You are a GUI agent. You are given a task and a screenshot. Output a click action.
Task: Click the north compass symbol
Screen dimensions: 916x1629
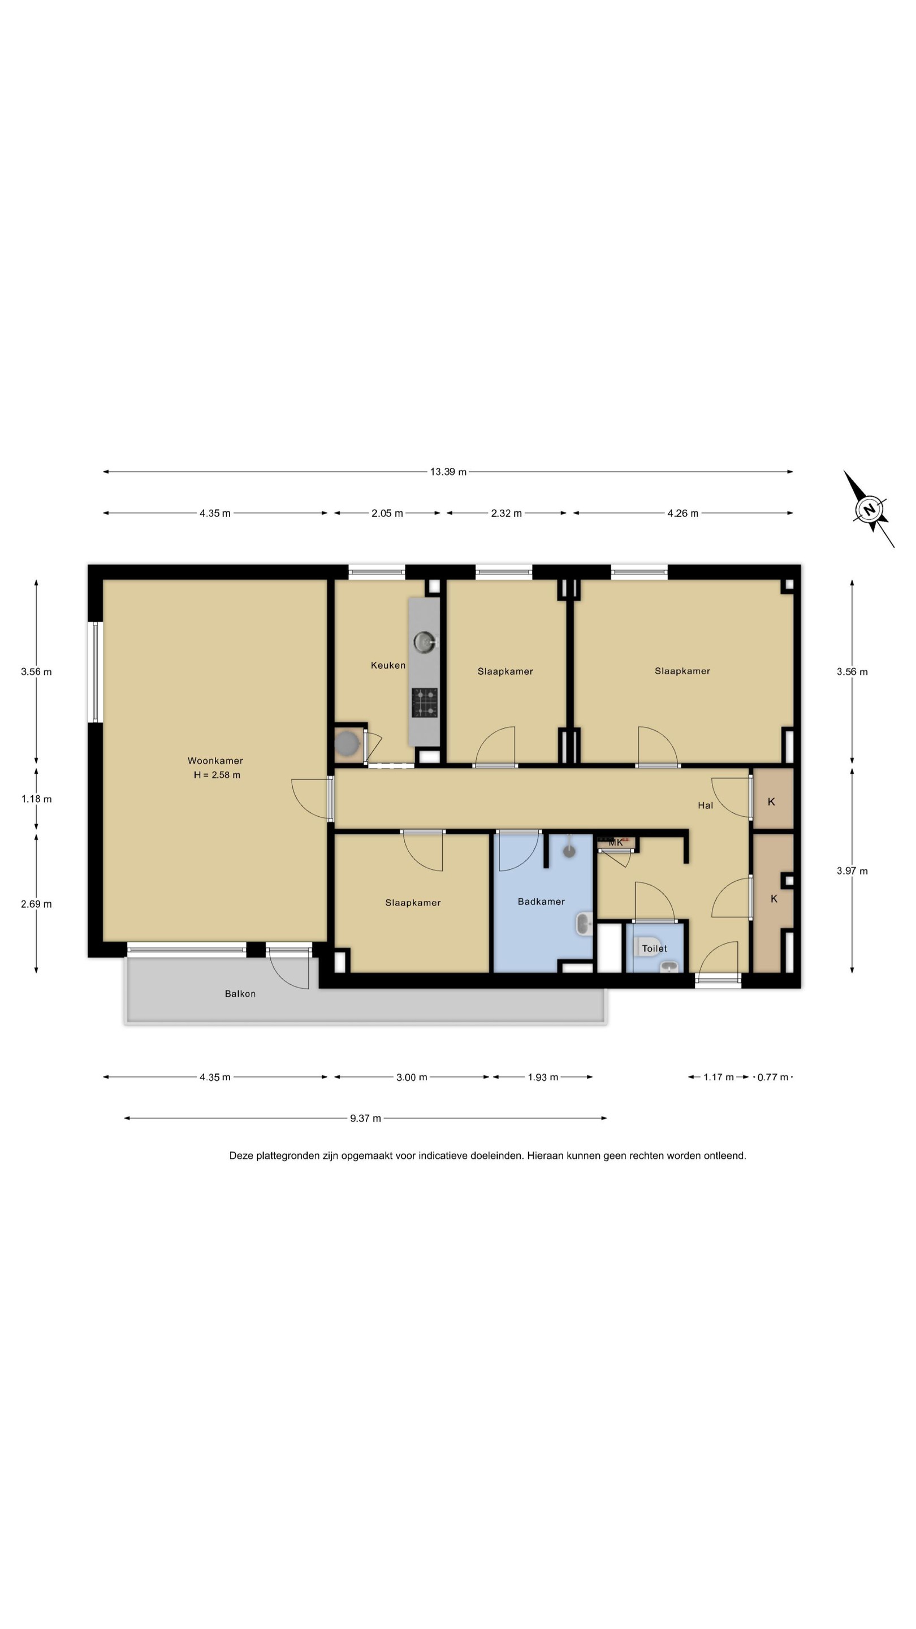tap(870, 509)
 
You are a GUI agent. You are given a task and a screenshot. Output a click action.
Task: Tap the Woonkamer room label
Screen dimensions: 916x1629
tap(215, 761)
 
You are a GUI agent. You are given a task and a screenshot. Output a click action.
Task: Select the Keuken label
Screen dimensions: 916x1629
tap(388, 665)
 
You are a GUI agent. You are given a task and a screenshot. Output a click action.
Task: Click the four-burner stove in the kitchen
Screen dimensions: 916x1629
tap(425, 703)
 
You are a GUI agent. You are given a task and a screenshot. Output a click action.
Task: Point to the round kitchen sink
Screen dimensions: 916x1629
tap(425, 643)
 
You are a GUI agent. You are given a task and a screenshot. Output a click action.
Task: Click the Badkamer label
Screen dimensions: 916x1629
tap(541, 902)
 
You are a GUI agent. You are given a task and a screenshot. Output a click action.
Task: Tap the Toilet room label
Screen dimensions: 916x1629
tap(654, 949)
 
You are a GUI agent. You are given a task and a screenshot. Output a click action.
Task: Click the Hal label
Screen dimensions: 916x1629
tap(706, 805)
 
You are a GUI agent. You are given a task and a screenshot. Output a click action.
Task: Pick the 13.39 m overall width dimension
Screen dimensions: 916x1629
tap(448, 472)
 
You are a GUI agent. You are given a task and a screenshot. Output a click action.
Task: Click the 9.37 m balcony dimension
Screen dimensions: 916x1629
tap(365, 1118)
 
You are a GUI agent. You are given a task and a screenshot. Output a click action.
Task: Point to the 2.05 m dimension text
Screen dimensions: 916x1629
tap(387, 514)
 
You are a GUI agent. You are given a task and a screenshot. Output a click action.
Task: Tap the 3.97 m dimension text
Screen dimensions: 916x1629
tap(852, 871)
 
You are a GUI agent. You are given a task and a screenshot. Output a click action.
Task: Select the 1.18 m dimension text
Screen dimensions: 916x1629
tap(37, 799)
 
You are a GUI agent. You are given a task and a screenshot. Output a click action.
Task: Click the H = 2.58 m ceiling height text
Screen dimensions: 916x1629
tap(217, 775)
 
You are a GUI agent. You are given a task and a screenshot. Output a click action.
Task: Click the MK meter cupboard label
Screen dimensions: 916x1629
tap(616, 842)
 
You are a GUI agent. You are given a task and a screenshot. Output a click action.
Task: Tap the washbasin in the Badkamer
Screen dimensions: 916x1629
tap(584, 924)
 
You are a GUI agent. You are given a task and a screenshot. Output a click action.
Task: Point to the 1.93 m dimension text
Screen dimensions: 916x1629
tap(543, 1077)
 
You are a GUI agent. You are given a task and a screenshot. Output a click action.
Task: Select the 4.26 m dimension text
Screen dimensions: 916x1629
tap(682, 514)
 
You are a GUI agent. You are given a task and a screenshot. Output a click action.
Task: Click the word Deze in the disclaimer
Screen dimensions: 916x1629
tap(241, 1156)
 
